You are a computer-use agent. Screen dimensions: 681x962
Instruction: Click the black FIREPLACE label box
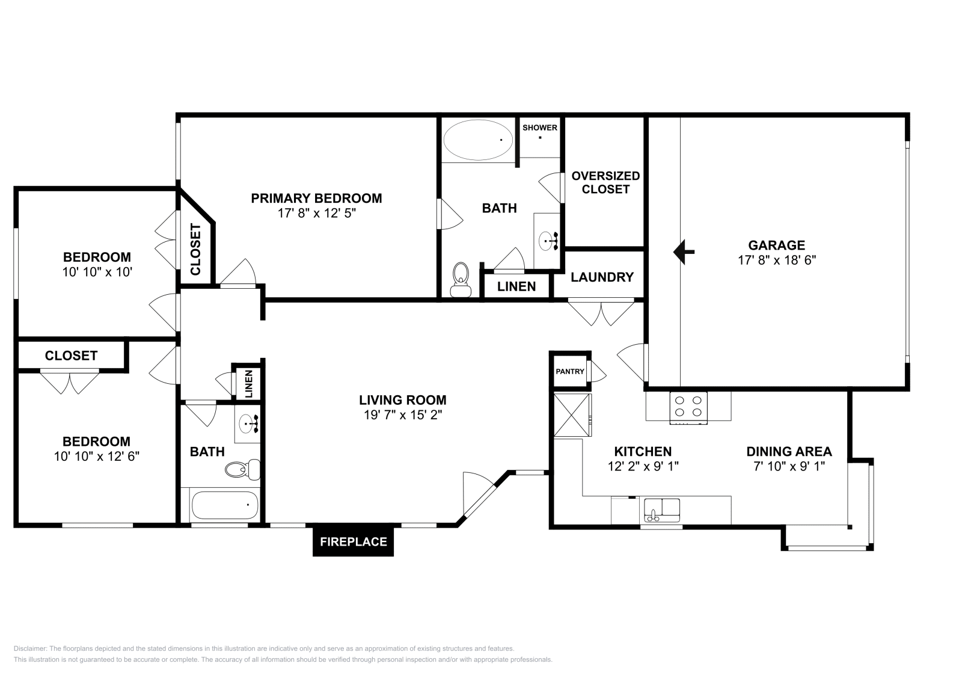[x=353, y=541]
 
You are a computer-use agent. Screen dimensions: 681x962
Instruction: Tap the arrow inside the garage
[x=683, y=252]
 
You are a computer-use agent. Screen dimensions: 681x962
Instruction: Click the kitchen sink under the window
[x=661, y=510]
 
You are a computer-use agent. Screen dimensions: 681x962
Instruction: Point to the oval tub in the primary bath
[x=478, y=139]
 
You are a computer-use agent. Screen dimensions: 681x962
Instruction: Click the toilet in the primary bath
[x=461, y=279]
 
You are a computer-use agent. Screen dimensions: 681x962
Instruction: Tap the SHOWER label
[x=539, y=128]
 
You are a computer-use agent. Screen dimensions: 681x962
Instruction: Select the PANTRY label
[x=569, y=371]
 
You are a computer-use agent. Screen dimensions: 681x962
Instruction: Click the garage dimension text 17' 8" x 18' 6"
[x=776, y=260]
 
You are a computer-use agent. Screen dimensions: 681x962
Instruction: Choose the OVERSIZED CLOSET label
[x=605, y=182]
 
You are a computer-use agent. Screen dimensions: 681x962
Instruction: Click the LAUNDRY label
[x=602, y=277]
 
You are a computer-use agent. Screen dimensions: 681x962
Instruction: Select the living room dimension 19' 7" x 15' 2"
[x=402, y=414]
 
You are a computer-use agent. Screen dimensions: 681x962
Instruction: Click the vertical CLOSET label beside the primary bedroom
[x=195, y=249]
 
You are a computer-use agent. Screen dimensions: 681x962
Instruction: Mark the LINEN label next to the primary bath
[x=516, y=286]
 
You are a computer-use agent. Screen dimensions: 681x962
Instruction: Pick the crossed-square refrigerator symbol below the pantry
[x=572, y=414]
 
